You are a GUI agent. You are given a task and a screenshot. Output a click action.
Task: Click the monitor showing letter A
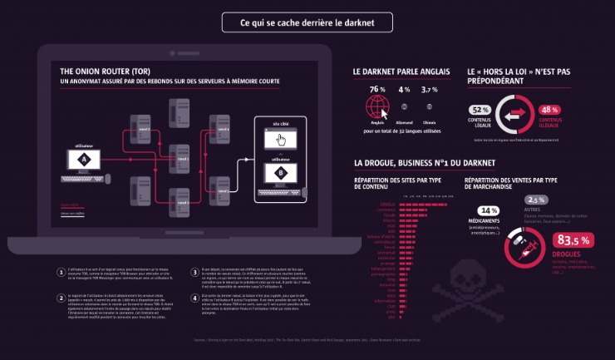pyautogui.click(x=83, y=160)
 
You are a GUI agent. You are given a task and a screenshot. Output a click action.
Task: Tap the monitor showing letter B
pyautogui.click(x=281, y=173)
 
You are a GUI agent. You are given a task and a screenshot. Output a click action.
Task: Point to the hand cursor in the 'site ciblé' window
pyautogui.click(x=281, y=139)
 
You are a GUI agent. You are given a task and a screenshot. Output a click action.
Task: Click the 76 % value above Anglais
pyautogui.click(x=377, y=90)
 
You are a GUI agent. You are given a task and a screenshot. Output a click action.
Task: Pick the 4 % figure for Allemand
pyautogui.click(x=405, y=90)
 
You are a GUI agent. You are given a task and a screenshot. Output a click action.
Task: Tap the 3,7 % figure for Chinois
pyautogui.click(x=430, y=90)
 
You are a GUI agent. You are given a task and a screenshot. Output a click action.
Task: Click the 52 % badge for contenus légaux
pyautogui.click(x=481, y=110)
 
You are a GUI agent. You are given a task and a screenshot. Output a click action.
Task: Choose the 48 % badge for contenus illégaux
pyautogui.click(x=549, y=110)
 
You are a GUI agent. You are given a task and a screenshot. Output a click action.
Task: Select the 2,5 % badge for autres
pyautogui.click(x=536, y=200)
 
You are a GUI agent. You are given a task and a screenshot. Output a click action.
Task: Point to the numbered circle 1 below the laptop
pyautogui.click(x=61, y=271)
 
